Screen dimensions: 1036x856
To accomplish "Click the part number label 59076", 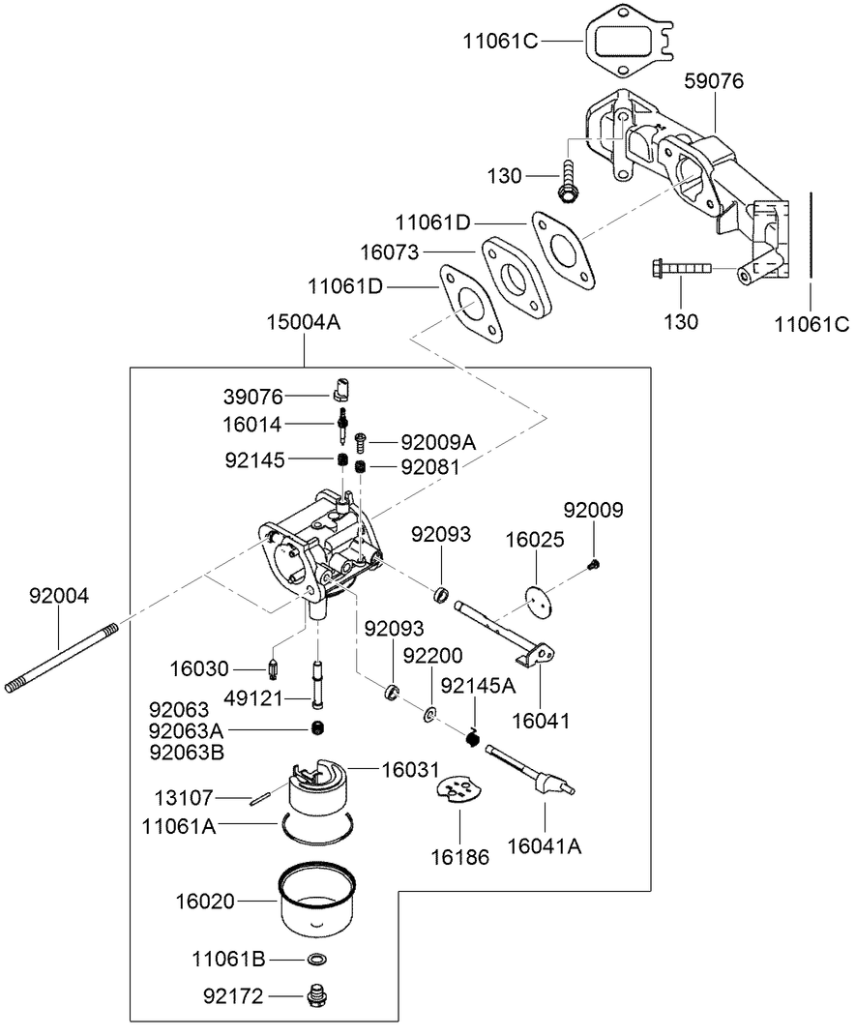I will (x=714, y=81).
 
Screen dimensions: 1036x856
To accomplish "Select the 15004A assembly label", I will (x=304, y=323).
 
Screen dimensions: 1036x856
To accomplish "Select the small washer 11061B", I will (x=314, y=960).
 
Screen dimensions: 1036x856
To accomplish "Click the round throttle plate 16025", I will (x=540, y=600).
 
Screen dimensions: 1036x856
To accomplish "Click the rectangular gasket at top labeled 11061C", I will (x=625, y=43).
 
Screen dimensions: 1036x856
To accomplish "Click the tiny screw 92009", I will (x=596, y=563).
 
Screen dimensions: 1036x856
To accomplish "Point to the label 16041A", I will (x=546, y=846).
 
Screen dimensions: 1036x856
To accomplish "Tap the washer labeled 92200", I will (x=428, y=716).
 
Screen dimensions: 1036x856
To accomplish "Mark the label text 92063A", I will (x=192, y=729).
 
